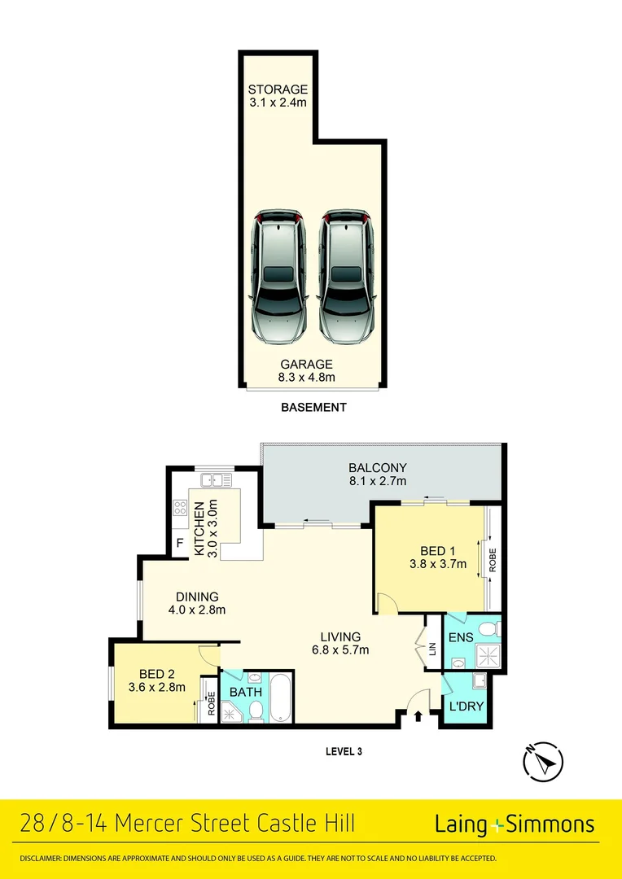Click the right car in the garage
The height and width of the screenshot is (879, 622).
[x=346, y=277]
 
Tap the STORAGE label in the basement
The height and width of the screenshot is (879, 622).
[x=278, y=89]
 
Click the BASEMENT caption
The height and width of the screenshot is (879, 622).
[x=313, y=407]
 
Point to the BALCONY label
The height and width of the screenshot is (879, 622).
[x=377, y=467]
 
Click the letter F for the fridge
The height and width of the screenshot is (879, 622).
[x=179, y=543]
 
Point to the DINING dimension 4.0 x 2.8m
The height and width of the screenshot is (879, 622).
[x=196, y=610]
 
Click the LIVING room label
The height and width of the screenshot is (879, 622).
[x=341, y=636]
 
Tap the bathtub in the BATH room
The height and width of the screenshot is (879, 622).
[x=280, y=698]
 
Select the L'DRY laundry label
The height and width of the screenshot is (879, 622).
[x=466, y=706]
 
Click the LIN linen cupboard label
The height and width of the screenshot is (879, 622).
[x=432, y=648]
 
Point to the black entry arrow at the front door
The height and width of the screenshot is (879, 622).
[x=418, y=716]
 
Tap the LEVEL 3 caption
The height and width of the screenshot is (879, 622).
[x=343, y=751]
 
